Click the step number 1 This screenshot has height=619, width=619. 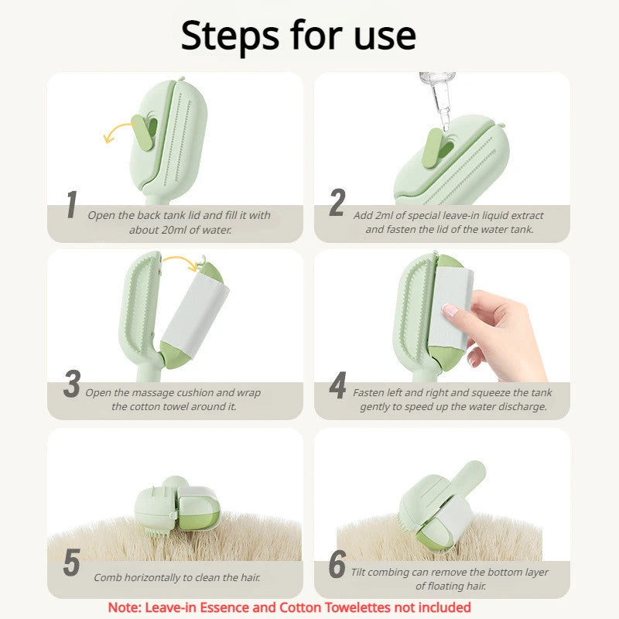(x=71, y=205)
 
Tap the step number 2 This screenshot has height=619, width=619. (x=337, y=203)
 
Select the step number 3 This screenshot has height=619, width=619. (x=71, y=385)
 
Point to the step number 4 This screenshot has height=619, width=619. (x=337, y=386)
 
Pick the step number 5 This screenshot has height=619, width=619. (x=71, y=563)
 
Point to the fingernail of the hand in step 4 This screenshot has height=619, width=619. (x=450, y=311)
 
